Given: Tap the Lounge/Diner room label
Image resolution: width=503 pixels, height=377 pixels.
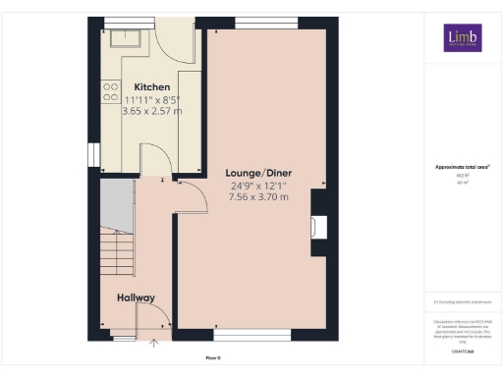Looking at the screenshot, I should [x=259, y=173].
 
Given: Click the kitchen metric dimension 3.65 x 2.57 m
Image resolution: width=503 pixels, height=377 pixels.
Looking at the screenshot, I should [x=150, y=112].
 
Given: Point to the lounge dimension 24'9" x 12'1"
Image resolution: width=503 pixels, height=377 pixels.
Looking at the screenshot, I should [x=259, y=186].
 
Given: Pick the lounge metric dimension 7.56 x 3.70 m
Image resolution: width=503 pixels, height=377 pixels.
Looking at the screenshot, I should [x=259, y=197].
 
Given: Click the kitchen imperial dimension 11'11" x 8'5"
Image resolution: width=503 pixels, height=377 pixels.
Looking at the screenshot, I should [x=151, y=99].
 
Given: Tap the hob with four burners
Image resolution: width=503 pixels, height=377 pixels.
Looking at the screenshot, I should [x=109, y=92].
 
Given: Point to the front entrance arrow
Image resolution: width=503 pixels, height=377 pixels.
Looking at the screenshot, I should [x=154, y=343].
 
